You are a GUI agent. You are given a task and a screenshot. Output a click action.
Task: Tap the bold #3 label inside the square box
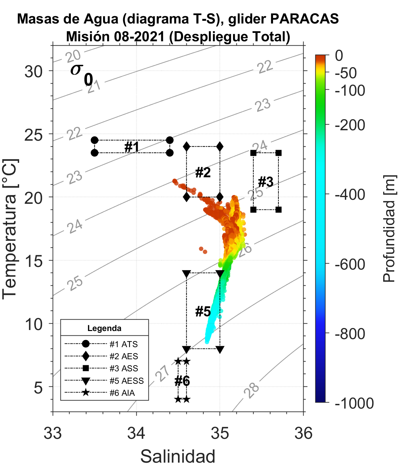tap(266, 182)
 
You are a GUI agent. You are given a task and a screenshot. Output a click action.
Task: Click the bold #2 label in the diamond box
tap(203, 173)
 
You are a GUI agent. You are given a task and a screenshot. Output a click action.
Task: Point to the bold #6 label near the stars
tap(182, 381)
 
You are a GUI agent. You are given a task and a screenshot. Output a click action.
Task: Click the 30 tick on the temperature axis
tap(34, 71)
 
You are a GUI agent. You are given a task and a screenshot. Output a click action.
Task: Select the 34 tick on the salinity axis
tap(136, 433)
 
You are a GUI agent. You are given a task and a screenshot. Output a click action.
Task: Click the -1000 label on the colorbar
tap(354, 403)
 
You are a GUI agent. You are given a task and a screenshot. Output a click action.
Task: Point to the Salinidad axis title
tap(178, 456)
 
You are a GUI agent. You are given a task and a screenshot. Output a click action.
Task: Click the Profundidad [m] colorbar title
tap(390, 229)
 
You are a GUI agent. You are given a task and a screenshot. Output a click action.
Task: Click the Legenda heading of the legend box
tap(104, 328)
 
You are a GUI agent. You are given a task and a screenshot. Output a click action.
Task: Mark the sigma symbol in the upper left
tap(76, 69)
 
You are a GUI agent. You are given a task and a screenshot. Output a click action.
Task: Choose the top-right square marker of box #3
tap(278, 153)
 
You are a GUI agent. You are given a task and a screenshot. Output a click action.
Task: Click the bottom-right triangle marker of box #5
tap(220, 349)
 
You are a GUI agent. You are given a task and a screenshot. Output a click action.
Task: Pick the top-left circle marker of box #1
tap(95, 140)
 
